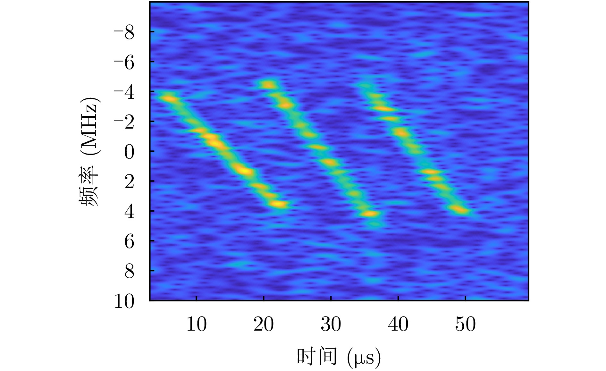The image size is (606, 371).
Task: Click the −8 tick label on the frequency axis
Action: tap(124, 32)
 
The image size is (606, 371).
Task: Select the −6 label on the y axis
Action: tap(124, 62)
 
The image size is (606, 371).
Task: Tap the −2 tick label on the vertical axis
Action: tap(124, 122)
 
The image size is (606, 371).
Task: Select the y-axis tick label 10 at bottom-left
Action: tap(124, 301)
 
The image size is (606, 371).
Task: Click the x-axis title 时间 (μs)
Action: tap(339, 357)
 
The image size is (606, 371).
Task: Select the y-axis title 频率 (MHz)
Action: tap(89, 151)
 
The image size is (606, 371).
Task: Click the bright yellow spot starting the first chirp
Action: tap(170, 99)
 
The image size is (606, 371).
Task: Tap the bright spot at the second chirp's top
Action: tap(269, 85)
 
